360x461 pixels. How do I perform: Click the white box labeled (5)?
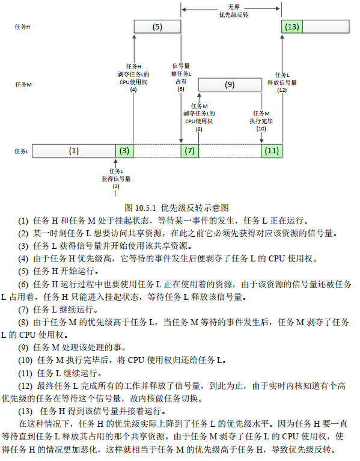[x=157, y=27]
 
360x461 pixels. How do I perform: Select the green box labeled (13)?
[x=292, y=27]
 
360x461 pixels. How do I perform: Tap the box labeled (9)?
[x=230, y=85]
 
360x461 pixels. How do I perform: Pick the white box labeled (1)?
[x=73, y=151]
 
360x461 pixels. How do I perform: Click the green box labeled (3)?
[x=124, y=151]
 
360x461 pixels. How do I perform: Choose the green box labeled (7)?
[x=190, y=151]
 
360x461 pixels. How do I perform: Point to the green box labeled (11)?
[x=272, y=151]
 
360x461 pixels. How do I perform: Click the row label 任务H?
[x=23, y=28]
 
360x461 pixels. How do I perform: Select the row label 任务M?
[x=23, y=85]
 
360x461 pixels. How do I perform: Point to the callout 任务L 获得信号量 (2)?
[x=116, y=179]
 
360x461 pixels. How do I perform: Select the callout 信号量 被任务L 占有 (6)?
[x=181, y=76]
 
